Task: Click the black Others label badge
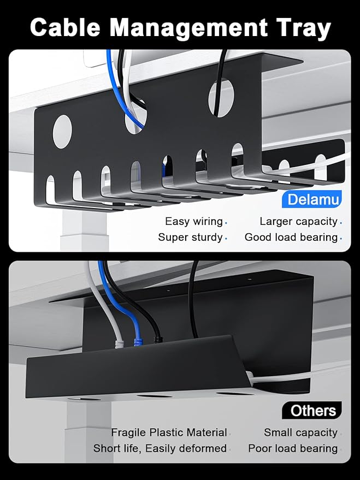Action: click(312, 410)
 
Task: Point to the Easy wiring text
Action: click(193, 221)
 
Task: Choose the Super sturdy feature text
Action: click(190, 237)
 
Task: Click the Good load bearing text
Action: click(291, 237)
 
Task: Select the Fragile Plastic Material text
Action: click(169, 432)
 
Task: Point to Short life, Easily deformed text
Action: click(160, 448)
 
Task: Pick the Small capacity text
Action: click(300, 432)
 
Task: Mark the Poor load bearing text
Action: click(293, 448)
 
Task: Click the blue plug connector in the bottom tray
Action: click(137, 341)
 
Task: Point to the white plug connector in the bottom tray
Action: click(118, 343)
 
